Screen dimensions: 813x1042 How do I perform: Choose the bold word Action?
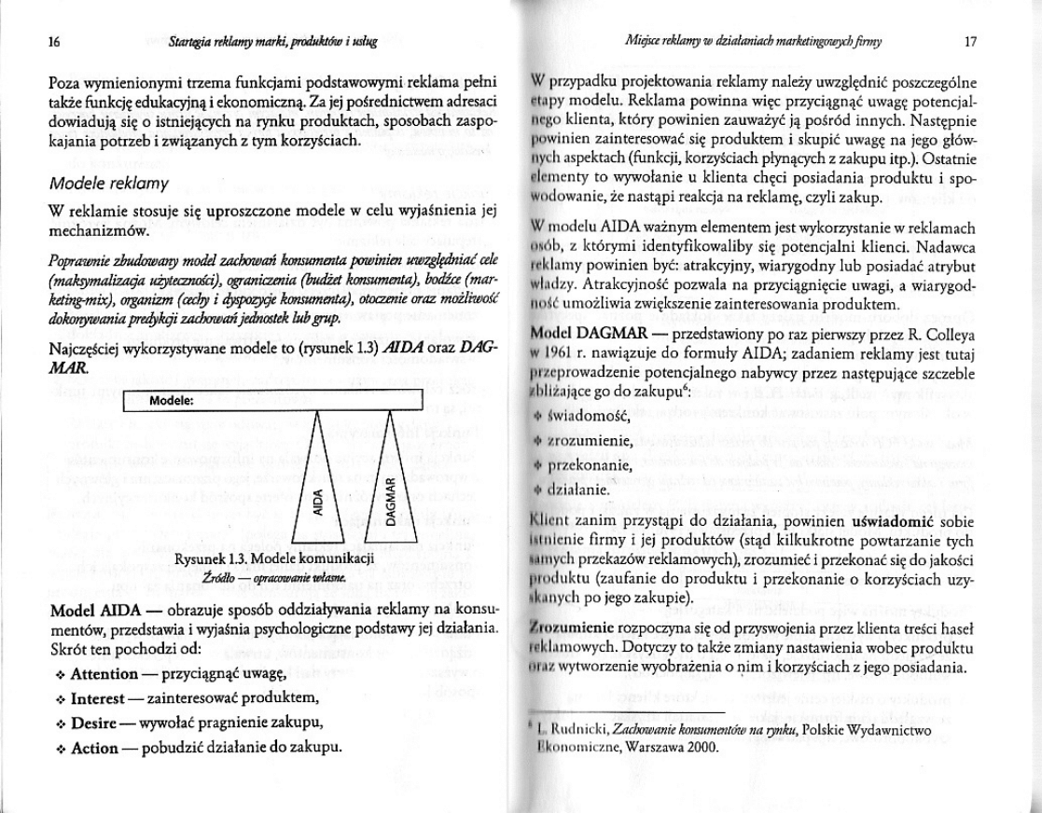pos(94,748)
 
